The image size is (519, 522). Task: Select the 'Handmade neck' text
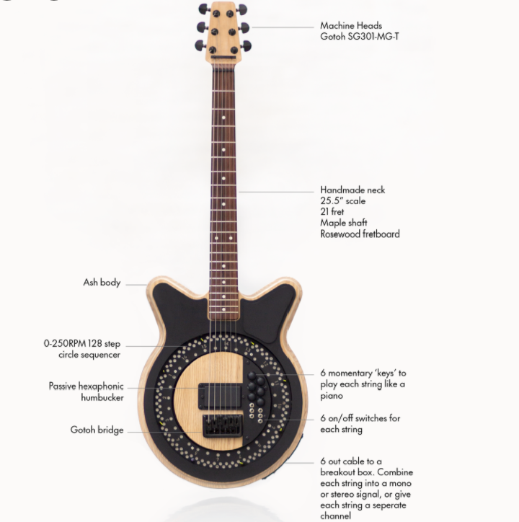pos(352,190)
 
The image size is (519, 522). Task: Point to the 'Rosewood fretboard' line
pos(360,234)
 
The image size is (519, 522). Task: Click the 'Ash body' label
pos(102,283)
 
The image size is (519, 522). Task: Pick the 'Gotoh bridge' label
pos(97,430)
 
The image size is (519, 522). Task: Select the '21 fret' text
pos(333,212)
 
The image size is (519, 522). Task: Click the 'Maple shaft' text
pos(344,223)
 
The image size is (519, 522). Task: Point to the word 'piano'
pos(333,395)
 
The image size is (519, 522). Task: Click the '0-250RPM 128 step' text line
pos(81,344)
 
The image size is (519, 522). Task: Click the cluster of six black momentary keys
pos(256,389)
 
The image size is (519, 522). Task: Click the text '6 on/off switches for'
pos(360,418)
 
